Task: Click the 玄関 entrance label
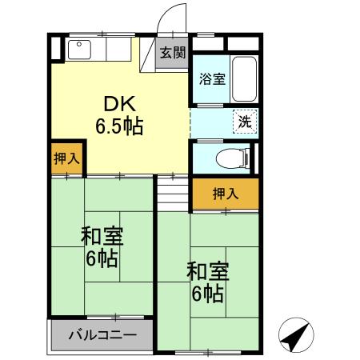click(x=172, y=54)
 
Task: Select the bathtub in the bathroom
click(x=242, y=79)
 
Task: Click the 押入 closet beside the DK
click(x=66, y=157)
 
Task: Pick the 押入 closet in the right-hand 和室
click(x=225, y=193)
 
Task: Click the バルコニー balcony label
click(x=102, y=334)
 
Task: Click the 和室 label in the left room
click(x=101, y=238)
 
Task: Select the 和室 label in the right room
click(x=207, y=271)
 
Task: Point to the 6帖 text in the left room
click(x=102, y=259)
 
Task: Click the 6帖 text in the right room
click(x=207, y=293)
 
